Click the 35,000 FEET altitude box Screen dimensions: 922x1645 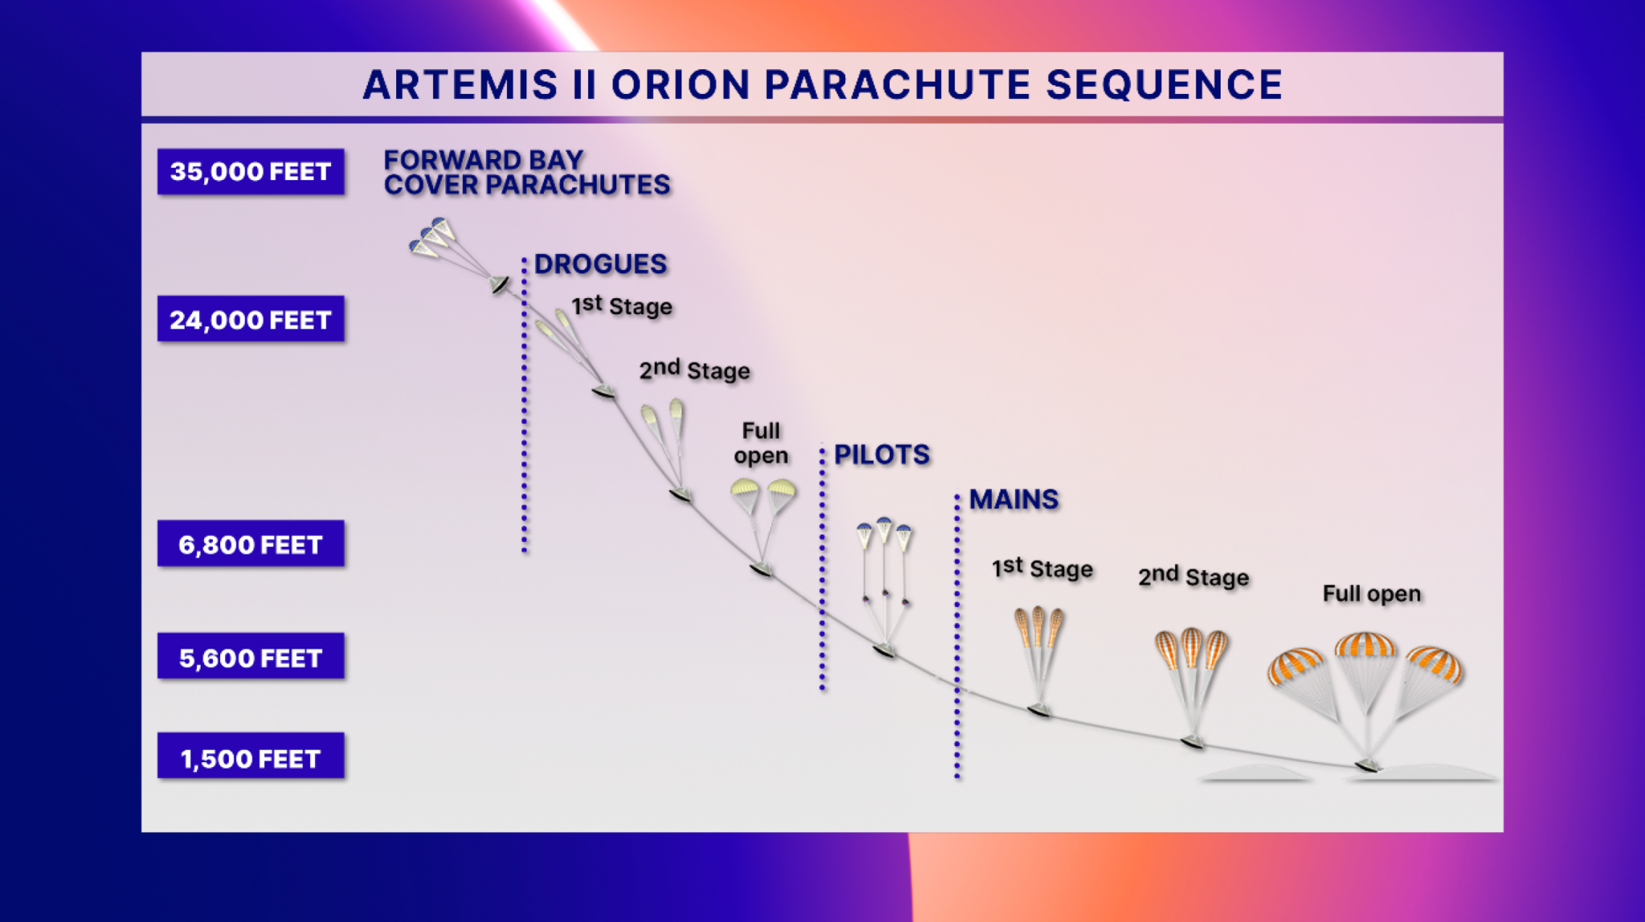tap(251, 171)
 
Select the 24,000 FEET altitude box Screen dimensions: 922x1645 tap(251, 319)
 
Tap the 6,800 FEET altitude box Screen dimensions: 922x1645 tap(251, 544)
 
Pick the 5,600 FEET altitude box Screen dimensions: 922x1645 tap(251, 657)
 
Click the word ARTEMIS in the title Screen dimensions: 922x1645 tap(460, 85)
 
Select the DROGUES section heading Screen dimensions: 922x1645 tap(600, 264)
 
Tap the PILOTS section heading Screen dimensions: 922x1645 tap(882, 455)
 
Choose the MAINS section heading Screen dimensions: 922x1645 tap(1013, 499)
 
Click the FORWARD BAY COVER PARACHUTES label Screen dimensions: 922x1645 tap(526, 173)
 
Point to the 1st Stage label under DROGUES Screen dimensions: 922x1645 tap(621, 306)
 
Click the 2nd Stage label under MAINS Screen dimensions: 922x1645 tap(1193, 577)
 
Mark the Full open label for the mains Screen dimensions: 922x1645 tap(1371, 594)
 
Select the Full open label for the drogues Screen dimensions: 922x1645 tap(760, 443)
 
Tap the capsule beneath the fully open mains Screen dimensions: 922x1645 tap(1366, 765)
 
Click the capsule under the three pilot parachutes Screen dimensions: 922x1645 tap(884, 650)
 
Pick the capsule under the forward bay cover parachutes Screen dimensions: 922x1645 tap(499, 284)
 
